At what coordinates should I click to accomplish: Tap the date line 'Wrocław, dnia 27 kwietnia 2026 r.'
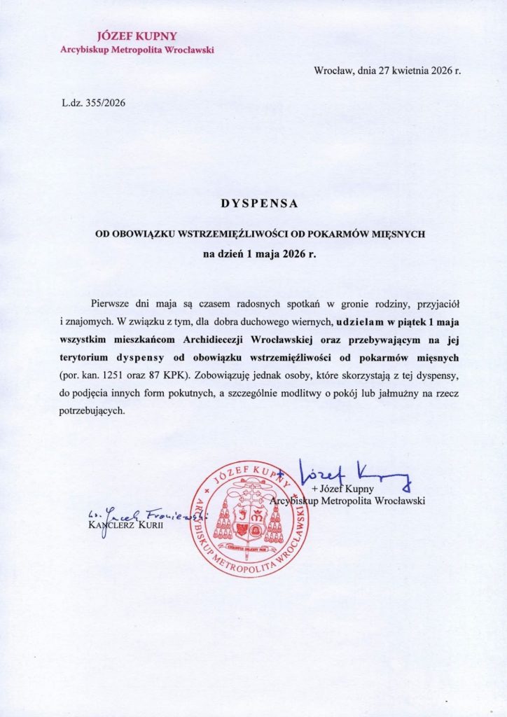point(387,71)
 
